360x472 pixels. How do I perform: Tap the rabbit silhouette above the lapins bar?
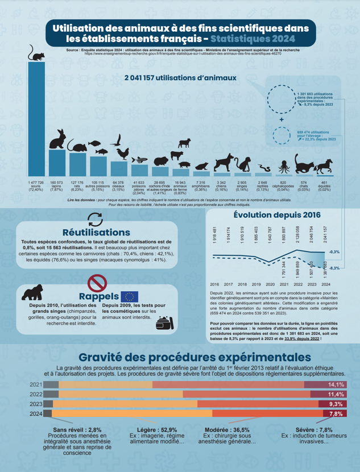click(57, 140)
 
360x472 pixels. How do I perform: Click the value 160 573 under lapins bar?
click(56, 183)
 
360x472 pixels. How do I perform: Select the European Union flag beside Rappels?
click(129, 296)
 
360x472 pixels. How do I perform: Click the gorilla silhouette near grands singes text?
click(32, 293)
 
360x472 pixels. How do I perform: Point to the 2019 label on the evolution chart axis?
click(256, 283)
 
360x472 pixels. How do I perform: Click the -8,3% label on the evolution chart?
click(334, 267)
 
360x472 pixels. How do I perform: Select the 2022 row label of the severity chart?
click(36, 394)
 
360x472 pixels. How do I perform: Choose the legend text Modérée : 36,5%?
click(226, 430)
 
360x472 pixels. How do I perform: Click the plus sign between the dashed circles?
click(281, 121)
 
